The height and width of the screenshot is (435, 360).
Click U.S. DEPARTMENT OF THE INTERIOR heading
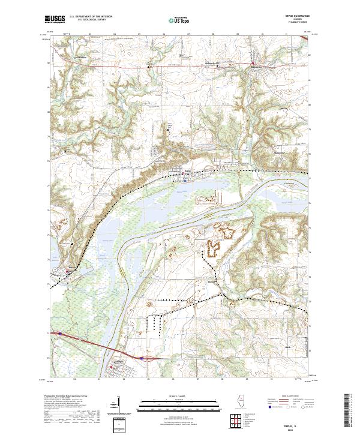(91, 17)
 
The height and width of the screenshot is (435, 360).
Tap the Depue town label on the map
(187, 170)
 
